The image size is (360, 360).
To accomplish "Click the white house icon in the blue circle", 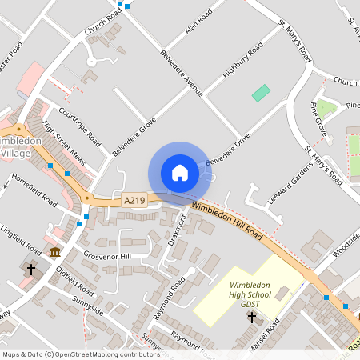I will click(x=179, y=172).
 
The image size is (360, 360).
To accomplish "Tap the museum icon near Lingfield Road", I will click(x=54, y=253).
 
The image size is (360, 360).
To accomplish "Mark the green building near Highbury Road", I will click(x=261, y=93).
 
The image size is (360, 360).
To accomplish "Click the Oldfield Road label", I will click(x=77, y=282).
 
